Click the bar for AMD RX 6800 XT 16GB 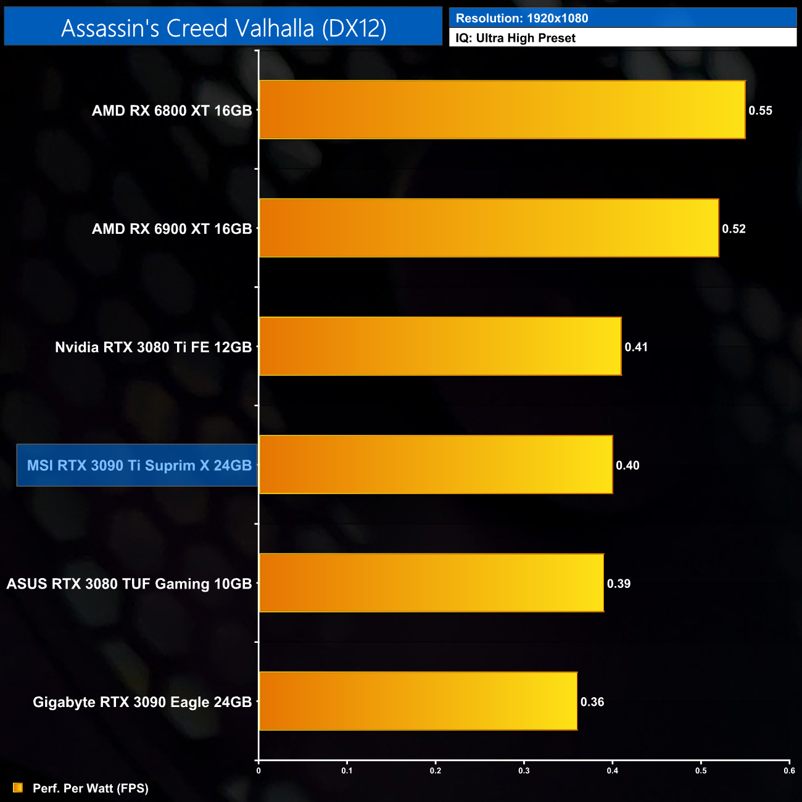click(502, 110)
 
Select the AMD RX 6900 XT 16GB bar click(489, 228)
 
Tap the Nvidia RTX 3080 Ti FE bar click(440, 346)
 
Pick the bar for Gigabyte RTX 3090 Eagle click(418, 701)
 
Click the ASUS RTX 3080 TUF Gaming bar click(431, 583)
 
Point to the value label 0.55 click(760, 110)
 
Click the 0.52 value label click(734, 229)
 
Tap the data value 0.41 click(636, 347)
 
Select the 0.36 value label click(592, 701)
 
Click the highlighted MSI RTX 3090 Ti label click(139, 465)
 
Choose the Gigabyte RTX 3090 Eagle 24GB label click(142, 702)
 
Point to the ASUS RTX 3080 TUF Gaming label click(129, 584)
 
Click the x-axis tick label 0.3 click(524, 771)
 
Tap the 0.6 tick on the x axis click(789, 771)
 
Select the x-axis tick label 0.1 click(347, 771)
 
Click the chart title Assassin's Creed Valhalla click(223, 28)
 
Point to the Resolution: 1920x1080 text click(522, 18)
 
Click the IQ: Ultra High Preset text click(515, 38)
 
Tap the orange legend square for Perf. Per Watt click(18, 788)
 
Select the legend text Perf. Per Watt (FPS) click(91, 788)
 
